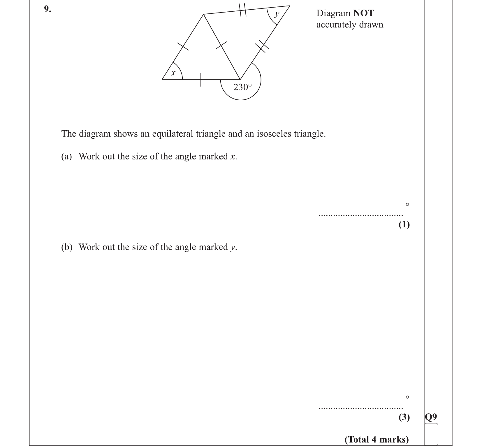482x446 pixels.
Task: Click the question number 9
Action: (47, 9)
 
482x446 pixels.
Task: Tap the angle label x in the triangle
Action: (173, 73)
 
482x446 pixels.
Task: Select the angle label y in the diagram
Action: (277, 13)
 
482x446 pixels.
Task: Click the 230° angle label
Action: (242, 87)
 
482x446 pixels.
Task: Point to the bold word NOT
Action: (363, 13)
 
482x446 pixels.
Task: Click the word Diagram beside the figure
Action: (333, 13)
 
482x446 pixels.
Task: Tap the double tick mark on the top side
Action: (242, 10)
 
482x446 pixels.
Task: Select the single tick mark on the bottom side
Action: (200, 80)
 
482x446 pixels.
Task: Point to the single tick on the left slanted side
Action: (183, 46)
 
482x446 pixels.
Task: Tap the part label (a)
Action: (66, 157)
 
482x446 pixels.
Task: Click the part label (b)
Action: (66, 247)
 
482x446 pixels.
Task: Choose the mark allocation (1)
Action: (404, 224)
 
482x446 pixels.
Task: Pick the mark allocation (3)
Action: (404, 417)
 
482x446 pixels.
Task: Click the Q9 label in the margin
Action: (431, 417)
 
